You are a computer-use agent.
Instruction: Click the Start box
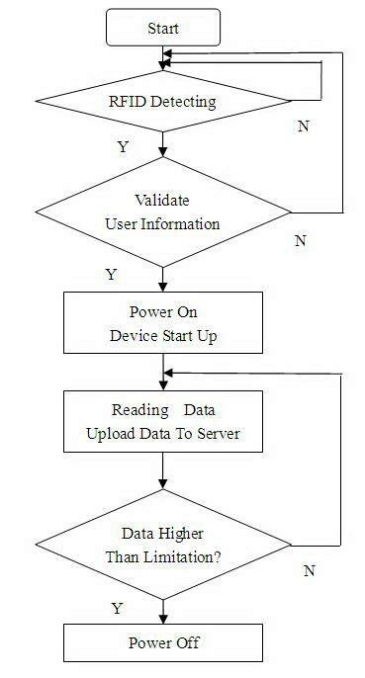162,29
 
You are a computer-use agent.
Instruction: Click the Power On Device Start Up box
162,322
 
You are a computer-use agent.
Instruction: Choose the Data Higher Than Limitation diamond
162,545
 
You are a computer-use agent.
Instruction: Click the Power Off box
162,642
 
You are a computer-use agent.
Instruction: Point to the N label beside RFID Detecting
304,127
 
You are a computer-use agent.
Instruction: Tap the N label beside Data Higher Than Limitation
309,570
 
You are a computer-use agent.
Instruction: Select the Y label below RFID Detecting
123,146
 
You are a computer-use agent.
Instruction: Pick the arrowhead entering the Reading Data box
162,386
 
